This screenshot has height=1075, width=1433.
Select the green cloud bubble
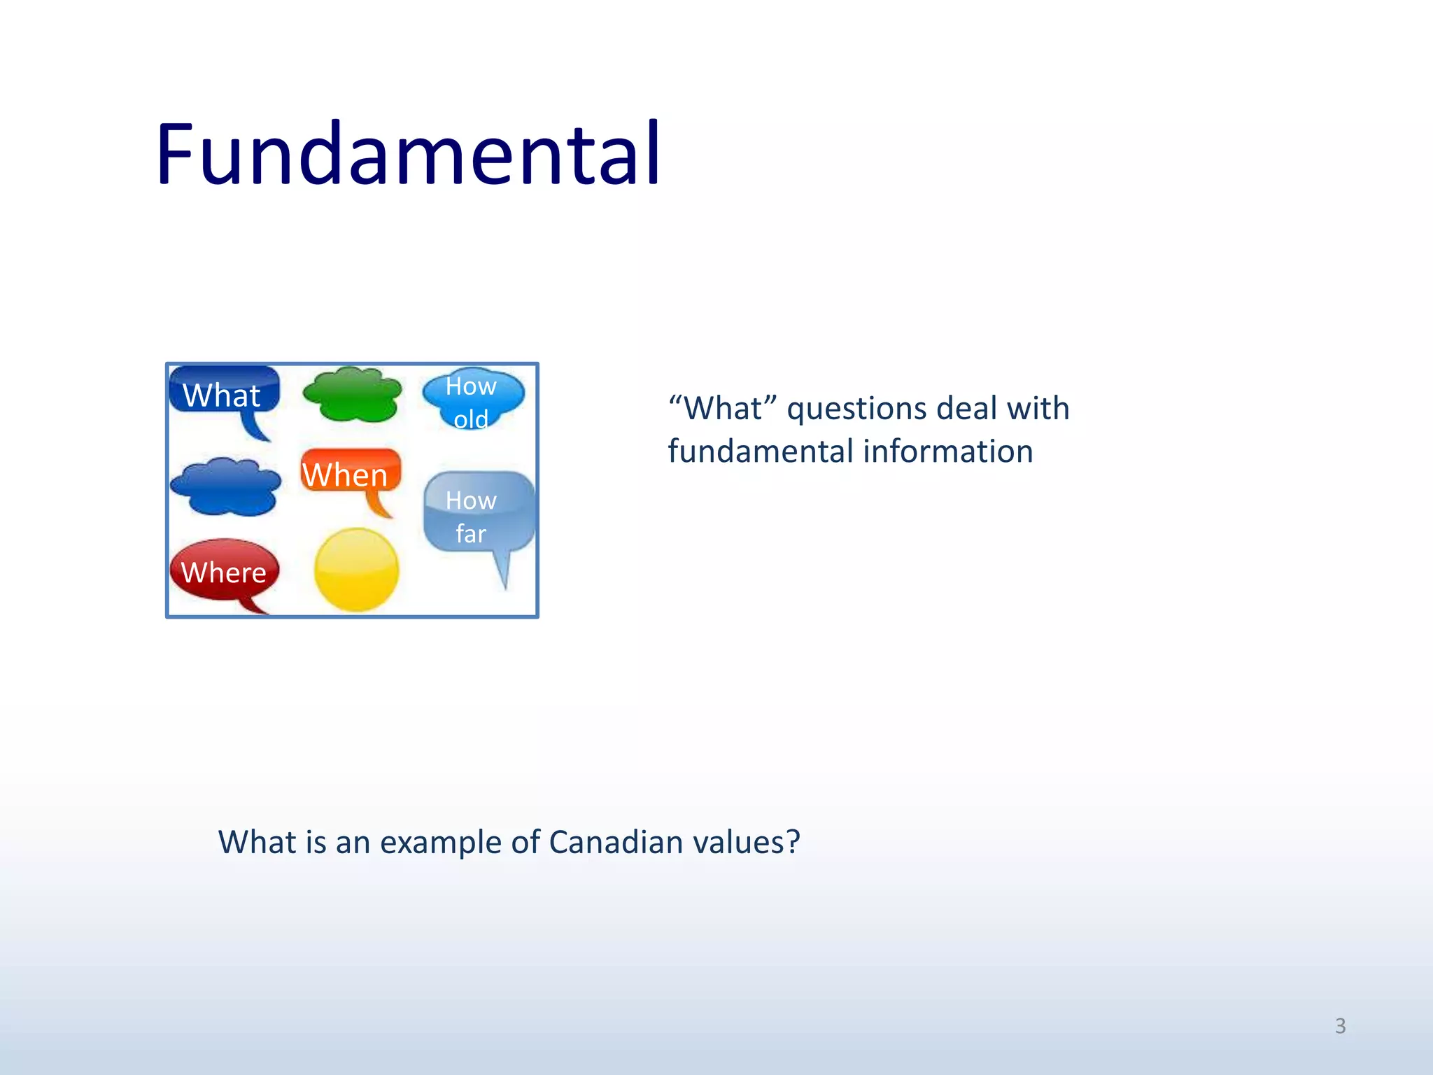[x=353, y=395]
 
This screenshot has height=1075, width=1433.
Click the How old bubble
[x=473, y=399]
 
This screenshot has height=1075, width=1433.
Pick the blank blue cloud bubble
[x=225, y=487]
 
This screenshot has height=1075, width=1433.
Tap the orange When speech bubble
[x=350, y=472]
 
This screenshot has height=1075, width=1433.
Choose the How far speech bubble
[x=479, y=514]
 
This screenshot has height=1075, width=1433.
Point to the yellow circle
[x=356, y=570]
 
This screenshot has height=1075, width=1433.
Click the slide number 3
[x=1340, y=1026]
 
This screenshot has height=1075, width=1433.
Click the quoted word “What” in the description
[x=723, y=408]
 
